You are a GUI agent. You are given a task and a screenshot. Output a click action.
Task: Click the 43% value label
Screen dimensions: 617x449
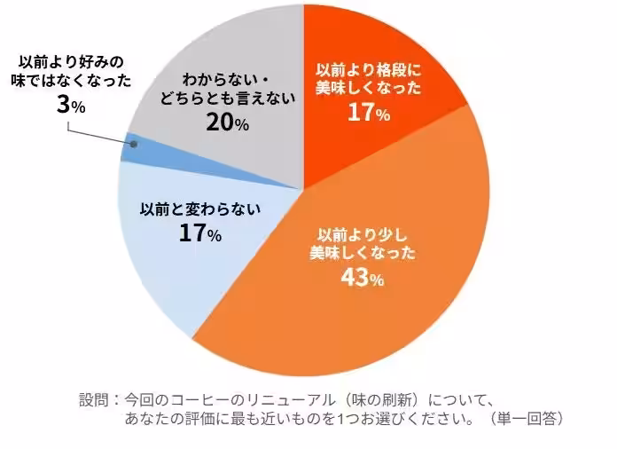(362, 278)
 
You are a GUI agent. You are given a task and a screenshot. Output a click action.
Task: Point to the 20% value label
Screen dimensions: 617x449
(228, 123)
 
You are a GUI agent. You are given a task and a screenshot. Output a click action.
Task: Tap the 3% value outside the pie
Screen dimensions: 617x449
(71, 106)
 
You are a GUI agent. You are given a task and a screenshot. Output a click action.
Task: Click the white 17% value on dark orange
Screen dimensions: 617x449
(369, 113)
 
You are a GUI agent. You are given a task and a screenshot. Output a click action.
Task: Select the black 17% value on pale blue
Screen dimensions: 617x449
(199, 232)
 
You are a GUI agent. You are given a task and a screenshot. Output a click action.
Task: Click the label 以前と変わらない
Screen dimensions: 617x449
(200, 209)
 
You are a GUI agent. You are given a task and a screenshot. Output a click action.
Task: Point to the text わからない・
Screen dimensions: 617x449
(226, 81)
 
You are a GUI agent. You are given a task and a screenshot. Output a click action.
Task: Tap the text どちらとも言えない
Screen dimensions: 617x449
(228, 98)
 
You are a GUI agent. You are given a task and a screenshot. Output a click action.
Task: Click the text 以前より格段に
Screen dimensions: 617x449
(369, 70)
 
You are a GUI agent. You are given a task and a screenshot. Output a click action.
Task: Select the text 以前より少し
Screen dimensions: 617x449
(363, 235)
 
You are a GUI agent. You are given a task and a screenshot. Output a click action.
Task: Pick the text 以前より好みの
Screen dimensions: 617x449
(71, 62)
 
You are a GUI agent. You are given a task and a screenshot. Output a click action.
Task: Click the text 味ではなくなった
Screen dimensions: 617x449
(71, 81)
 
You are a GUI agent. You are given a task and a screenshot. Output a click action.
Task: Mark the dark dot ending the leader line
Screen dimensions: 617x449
(134, 145)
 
